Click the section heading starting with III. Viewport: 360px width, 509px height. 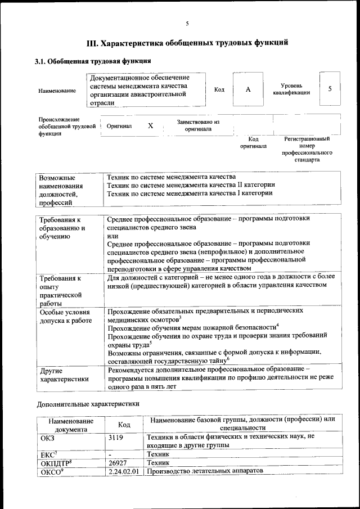coord(187,42)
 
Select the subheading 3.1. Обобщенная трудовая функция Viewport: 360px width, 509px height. coord(93,61)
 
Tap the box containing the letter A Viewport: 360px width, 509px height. coord(247,89)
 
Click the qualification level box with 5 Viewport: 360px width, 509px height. coord(330,89)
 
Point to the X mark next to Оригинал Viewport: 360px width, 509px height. coord(150,126)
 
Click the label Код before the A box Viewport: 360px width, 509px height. coord(219,90)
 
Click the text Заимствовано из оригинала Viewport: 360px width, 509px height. coord(198,125)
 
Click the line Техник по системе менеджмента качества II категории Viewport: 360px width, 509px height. coord(191,185)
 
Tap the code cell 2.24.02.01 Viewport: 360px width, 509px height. coord(124,471)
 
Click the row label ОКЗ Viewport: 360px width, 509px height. coord(48,436)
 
